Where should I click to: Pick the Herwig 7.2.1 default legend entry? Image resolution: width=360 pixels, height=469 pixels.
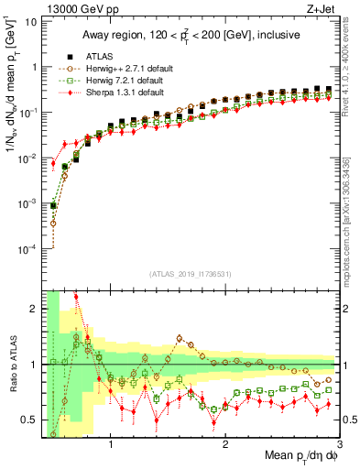(114, 81)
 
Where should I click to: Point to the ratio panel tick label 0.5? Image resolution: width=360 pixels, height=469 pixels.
(30, 420)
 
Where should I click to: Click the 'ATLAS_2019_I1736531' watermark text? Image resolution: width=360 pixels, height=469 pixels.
(191, 272)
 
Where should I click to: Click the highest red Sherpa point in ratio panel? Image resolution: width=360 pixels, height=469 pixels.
(76, 297)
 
